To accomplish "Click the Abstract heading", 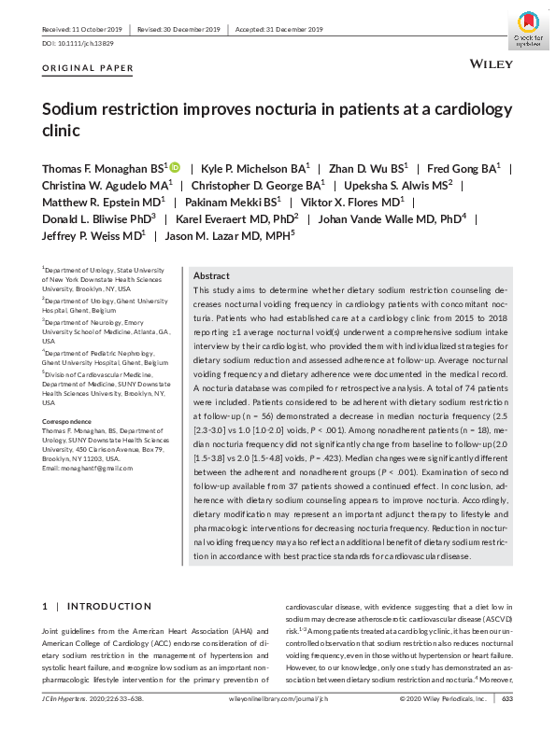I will pyautogui.click(x=211, y=276).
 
